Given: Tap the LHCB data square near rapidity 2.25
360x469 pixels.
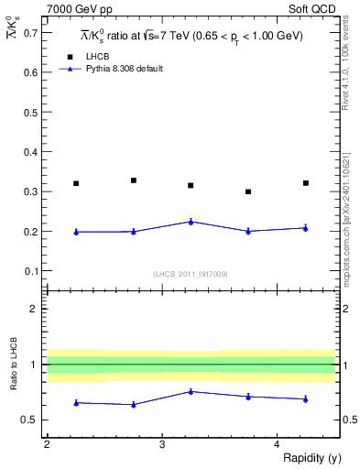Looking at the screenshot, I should [x=76, y=183].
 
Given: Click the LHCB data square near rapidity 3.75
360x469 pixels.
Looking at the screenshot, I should [x=248, y=191].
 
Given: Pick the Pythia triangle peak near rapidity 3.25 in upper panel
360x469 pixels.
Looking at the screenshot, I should [x=191, y=221].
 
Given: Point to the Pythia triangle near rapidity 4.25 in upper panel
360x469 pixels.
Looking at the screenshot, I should [x=306, y=227].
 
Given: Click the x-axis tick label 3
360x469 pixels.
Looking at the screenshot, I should [x=162, y=444].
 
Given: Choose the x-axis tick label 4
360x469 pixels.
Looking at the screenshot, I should [x=277, y=444].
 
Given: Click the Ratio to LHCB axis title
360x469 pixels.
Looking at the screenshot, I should [x=12, y=365].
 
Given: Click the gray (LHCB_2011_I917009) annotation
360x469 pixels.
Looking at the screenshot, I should [x=191, y=274].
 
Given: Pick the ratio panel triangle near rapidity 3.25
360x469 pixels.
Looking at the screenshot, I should [x=191, y=391].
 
